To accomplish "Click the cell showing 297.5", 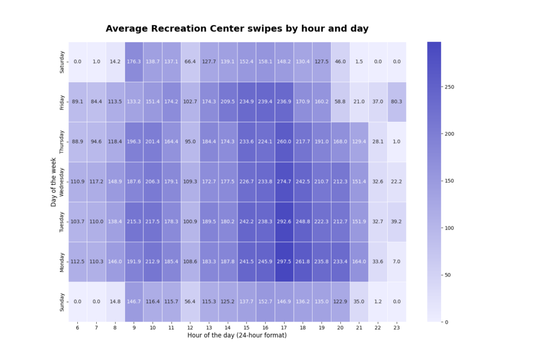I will point(284,262).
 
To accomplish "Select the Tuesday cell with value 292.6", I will point(284,221).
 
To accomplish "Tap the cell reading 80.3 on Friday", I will point(397,102).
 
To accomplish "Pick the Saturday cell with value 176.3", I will point(134,62).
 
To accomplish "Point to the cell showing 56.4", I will point(190,302).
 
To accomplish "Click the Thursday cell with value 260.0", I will point(284,141).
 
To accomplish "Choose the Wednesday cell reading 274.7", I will point(284,181).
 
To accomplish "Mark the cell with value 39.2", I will point(397,221).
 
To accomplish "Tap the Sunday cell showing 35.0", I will point(359,302).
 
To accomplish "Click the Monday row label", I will point(62,262).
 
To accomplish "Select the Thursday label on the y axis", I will point(62,141).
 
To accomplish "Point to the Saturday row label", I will point(62,62).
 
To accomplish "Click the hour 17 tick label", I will point(284,328).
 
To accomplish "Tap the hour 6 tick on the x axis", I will point(78,328).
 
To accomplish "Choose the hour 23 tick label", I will point(397,328).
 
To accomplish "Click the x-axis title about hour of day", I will point(237,336).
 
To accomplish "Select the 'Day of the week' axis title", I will point(54,181).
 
